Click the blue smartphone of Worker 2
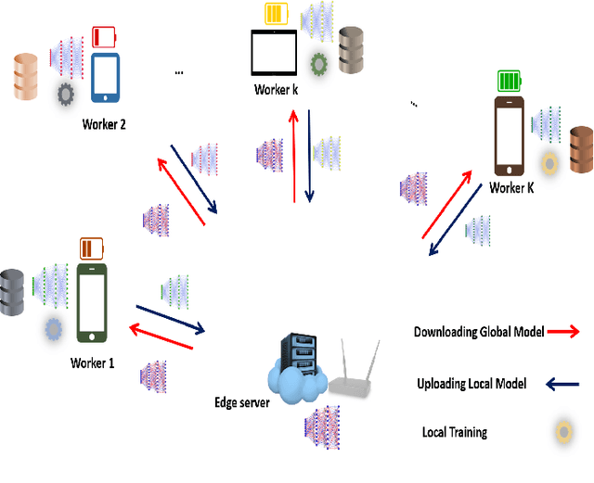[105, 78]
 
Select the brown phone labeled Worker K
[510, 137]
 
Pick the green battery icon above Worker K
[510, 81]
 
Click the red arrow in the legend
[564, 331]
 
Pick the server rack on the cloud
[293, 360]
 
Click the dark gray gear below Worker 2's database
[66, 94]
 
